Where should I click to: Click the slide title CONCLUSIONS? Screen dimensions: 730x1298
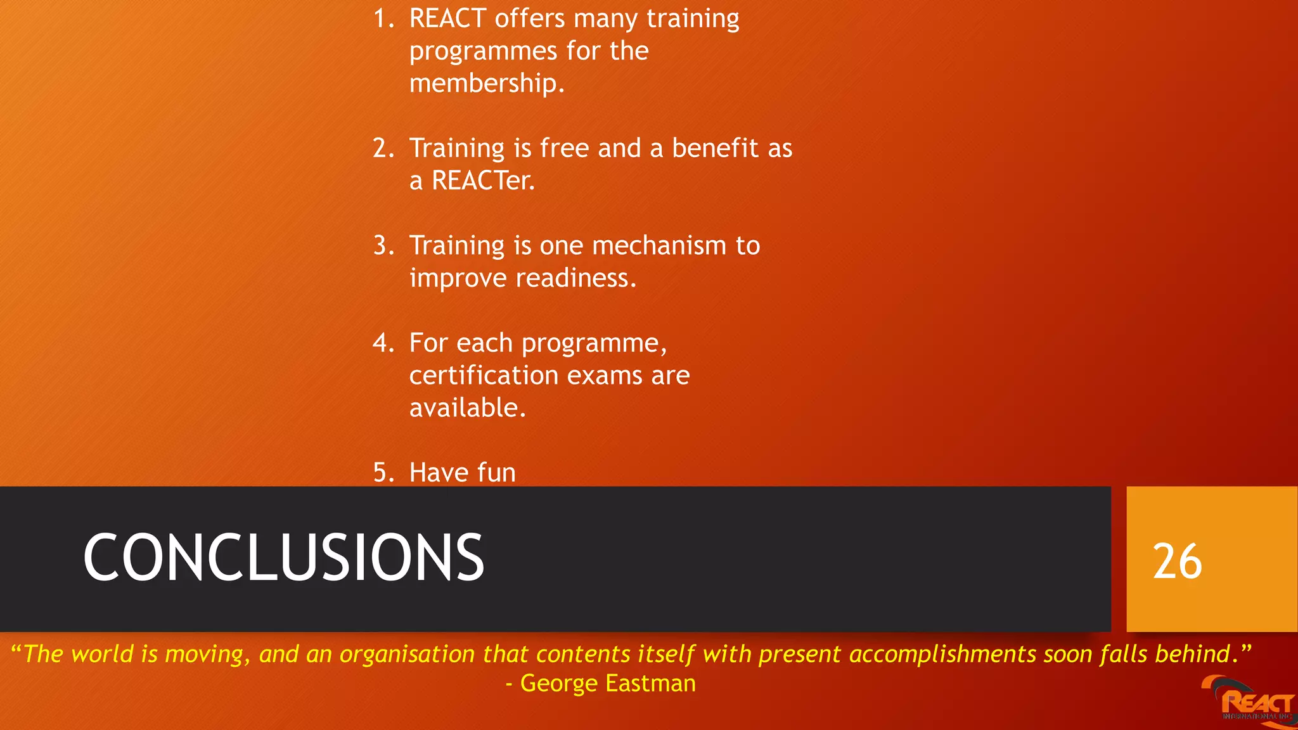283,558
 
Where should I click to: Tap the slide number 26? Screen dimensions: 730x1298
1177,561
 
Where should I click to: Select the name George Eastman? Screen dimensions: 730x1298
607,683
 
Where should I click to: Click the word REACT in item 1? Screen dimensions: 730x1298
447,18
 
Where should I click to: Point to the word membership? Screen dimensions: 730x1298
485,84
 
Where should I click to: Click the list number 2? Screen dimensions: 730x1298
382,148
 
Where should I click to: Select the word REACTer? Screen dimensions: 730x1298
483,181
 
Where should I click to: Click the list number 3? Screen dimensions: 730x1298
382,246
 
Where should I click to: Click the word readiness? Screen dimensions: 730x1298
575,278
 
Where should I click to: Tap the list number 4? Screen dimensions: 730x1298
382,343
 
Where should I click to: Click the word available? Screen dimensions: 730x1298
467,408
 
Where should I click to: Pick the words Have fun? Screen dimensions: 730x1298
462,473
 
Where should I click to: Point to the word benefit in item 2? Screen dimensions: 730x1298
715,148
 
